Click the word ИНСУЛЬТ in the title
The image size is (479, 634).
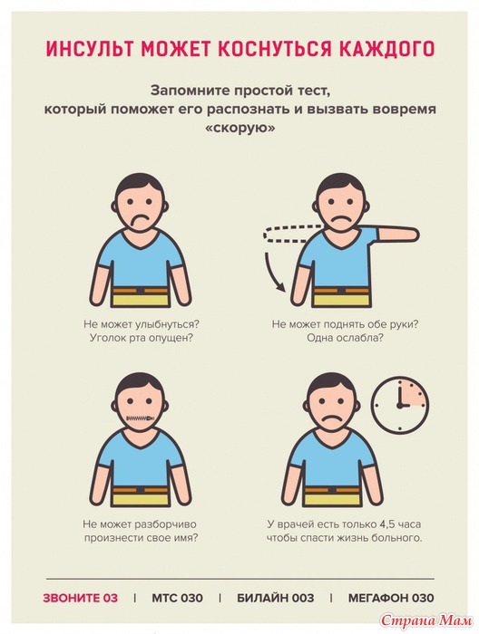pos(91,49)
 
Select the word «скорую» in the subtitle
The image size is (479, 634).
pos(240,128)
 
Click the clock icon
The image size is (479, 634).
pos(400,405)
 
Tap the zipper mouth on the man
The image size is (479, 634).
pos(140,418)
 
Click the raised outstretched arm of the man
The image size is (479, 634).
pos(396,235)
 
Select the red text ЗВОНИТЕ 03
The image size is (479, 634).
pos(81,598)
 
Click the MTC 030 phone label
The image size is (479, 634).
pos(177,598)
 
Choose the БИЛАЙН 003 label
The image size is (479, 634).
pos(275,598)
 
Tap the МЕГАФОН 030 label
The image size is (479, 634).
pos(391,598)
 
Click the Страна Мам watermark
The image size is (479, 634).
pos(427,620)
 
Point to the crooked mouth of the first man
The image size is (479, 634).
pos(139,221)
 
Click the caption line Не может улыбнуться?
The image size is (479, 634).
pos(142,324)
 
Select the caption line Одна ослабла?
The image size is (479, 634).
pos(345,338)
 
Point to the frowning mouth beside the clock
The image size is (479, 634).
pos(332,418)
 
